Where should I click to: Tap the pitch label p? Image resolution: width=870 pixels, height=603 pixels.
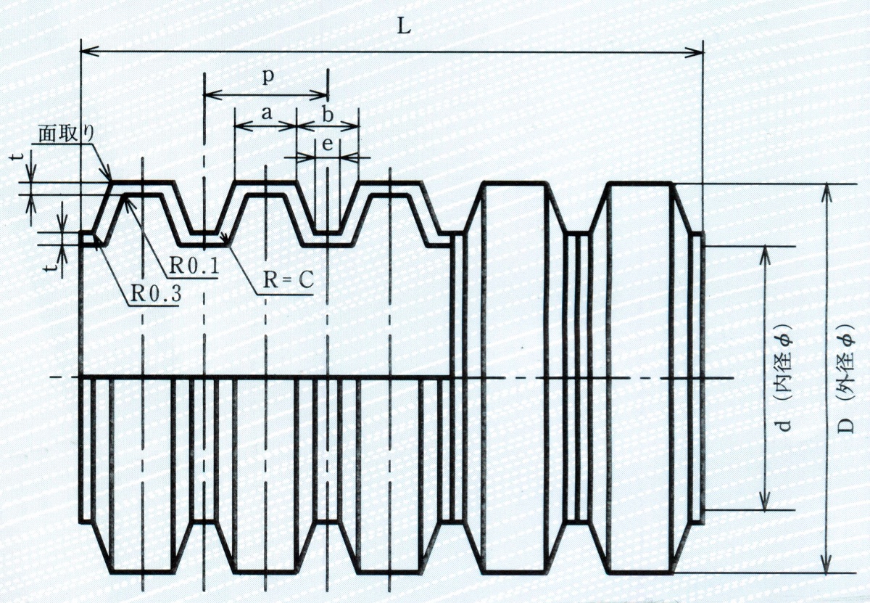coord(268,77)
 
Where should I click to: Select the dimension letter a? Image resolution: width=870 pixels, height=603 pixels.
coord(267,113)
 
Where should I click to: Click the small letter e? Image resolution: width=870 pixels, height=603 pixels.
coord(328,144)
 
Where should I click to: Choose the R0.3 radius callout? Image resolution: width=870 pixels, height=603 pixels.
coord(156,294)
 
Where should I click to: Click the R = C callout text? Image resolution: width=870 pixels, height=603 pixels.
coord(289,280)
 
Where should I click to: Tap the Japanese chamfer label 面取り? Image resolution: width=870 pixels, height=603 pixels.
coord(66,135)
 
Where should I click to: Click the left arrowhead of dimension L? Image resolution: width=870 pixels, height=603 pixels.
coord(88,52)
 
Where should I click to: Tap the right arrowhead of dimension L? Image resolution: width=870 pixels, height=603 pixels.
coord(695,52)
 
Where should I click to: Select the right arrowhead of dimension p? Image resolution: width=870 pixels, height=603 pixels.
coord(319,94)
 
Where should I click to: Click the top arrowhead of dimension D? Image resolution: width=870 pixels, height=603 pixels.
coord(826,192)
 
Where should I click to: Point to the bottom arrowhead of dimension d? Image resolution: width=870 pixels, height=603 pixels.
coord(765,500)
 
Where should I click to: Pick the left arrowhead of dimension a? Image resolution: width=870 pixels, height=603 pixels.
coord(244,126)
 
